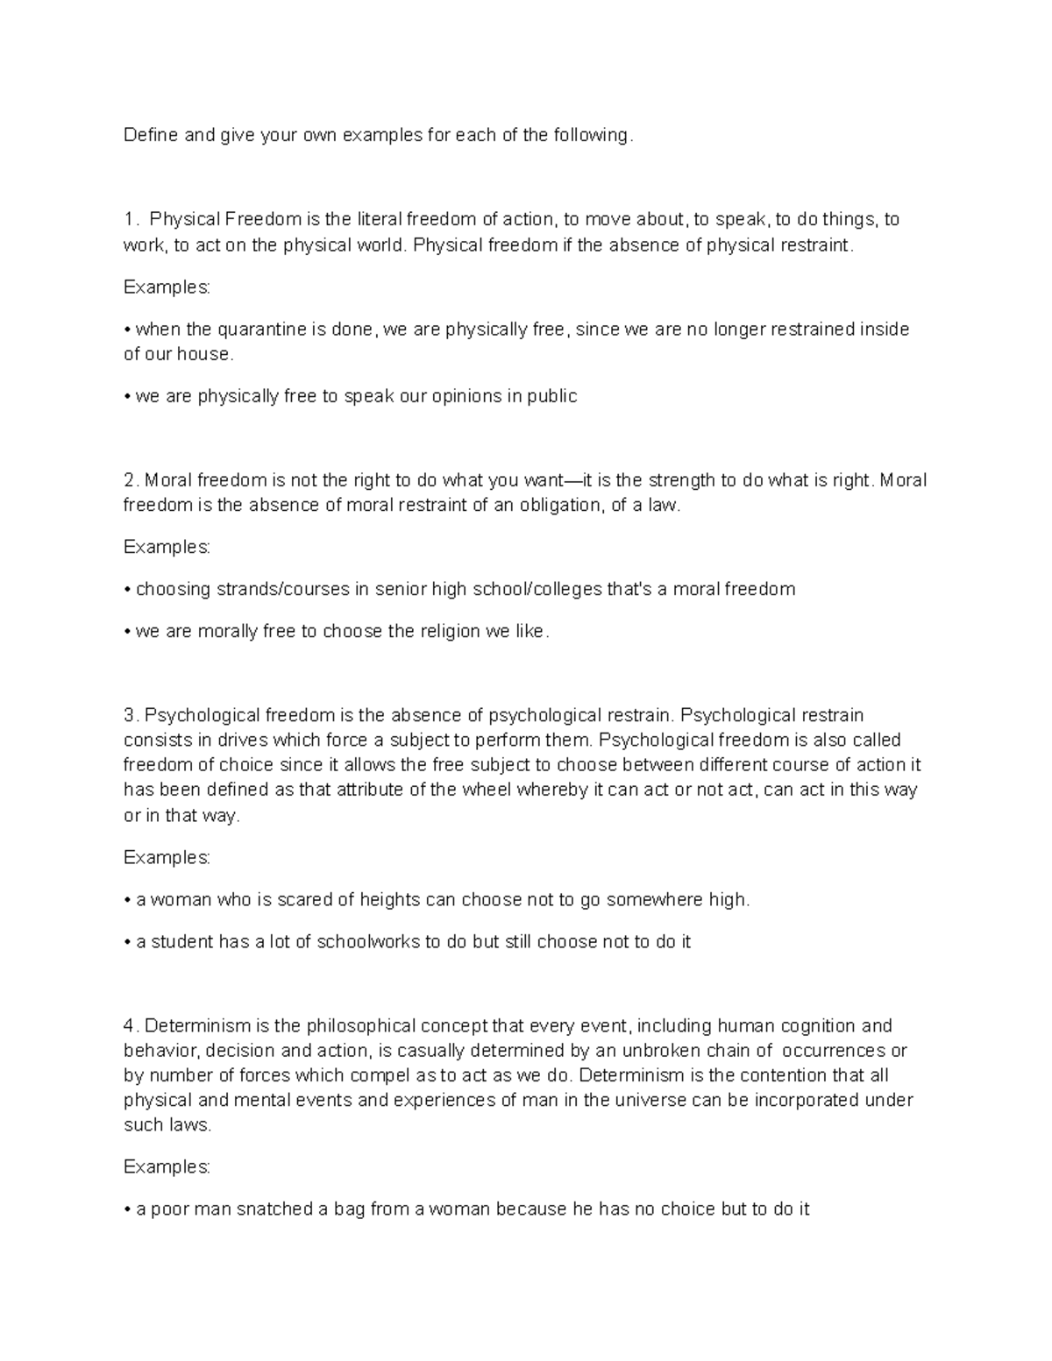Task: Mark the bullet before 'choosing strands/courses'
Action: click(x=128, y=590)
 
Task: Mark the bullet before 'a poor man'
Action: click(x=128, y=1209)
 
